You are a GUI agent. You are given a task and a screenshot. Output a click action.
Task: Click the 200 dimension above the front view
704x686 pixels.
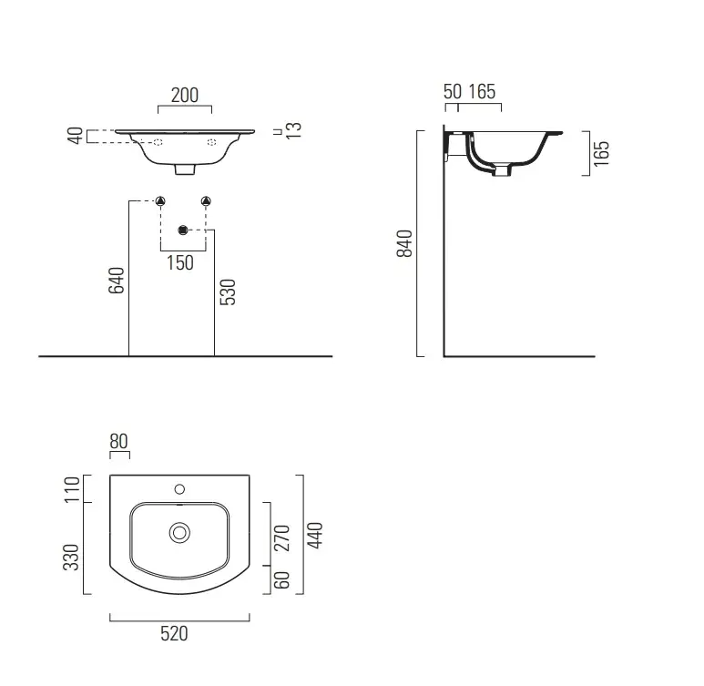tap(185, 96)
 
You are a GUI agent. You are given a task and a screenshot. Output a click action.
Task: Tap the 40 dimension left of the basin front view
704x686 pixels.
tap(76, 136)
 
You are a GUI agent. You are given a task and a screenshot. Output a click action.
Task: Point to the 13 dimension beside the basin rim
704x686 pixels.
tap(293, 130)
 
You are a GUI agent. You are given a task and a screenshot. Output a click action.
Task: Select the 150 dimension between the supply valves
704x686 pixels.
tap(180, 262)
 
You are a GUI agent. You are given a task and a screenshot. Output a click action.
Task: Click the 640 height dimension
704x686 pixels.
tap(117, 281)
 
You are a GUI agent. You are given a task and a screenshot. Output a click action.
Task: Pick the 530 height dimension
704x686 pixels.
tap(228, 292)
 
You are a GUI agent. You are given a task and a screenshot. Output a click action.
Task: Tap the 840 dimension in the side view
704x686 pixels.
tap(404, 243)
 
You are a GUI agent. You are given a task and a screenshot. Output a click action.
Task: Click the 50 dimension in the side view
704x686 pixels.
tap(453, 92)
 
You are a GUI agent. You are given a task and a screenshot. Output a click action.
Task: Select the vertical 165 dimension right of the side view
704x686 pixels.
tap(601, 154)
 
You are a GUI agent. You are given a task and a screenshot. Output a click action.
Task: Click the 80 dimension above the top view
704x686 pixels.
tap(119, 441)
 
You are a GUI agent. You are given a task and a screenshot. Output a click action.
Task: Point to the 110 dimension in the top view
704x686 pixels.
tap(72, 489)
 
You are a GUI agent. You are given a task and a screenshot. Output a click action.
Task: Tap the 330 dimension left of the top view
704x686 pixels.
tap(71, 557)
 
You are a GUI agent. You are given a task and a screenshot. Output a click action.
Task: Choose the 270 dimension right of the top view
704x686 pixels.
tap(282, 538)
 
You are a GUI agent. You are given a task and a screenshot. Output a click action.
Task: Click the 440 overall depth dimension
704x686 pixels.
tap(315, 535)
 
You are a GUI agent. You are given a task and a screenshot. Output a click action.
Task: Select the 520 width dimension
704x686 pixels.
tap(174, 634)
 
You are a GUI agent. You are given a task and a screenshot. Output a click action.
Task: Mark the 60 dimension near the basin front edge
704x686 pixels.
tap(282, 580)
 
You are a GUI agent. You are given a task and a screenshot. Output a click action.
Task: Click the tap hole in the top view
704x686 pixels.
tap(179, 489)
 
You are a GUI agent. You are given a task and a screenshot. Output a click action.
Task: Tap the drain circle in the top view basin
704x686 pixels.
tap(179, 533)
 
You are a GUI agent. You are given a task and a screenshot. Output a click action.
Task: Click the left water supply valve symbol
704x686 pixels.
tap(160, 200)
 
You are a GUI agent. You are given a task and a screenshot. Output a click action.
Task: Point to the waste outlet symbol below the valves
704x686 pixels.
tap(183, 230)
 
